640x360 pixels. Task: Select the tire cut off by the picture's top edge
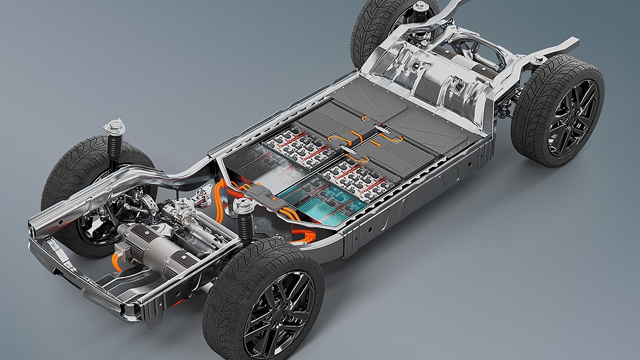(x=393, y=27)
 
